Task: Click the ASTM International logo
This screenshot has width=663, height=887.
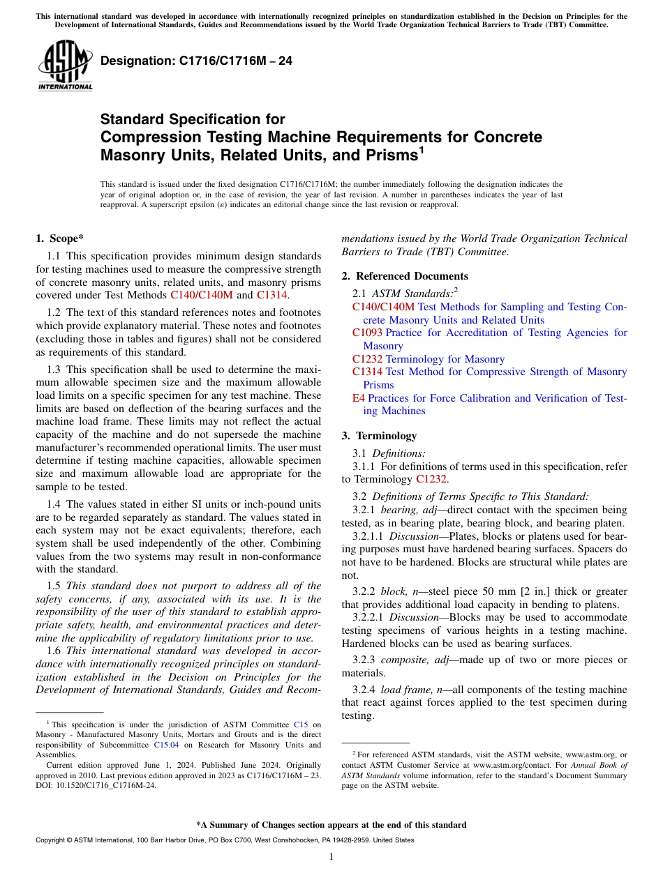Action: click(x=65, y=66)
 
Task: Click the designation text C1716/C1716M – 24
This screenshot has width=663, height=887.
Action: click(x=196, y=61)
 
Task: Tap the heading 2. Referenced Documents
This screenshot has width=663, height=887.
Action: click(x=405, y=275)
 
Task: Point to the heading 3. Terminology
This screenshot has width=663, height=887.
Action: click(x=379, y=436)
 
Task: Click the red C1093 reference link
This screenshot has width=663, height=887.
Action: click(x=367, y=333)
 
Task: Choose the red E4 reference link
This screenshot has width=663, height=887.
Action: click(x=359, y=398)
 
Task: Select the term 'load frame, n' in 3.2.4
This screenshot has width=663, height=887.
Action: click(x=415, y=690)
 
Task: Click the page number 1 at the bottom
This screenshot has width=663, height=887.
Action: click(x=331, y=856)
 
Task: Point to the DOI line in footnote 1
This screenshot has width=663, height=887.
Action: click(x=96, y=784)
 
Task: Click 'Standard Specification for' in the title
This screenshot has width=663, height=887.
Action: click(x=193, y=119)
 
